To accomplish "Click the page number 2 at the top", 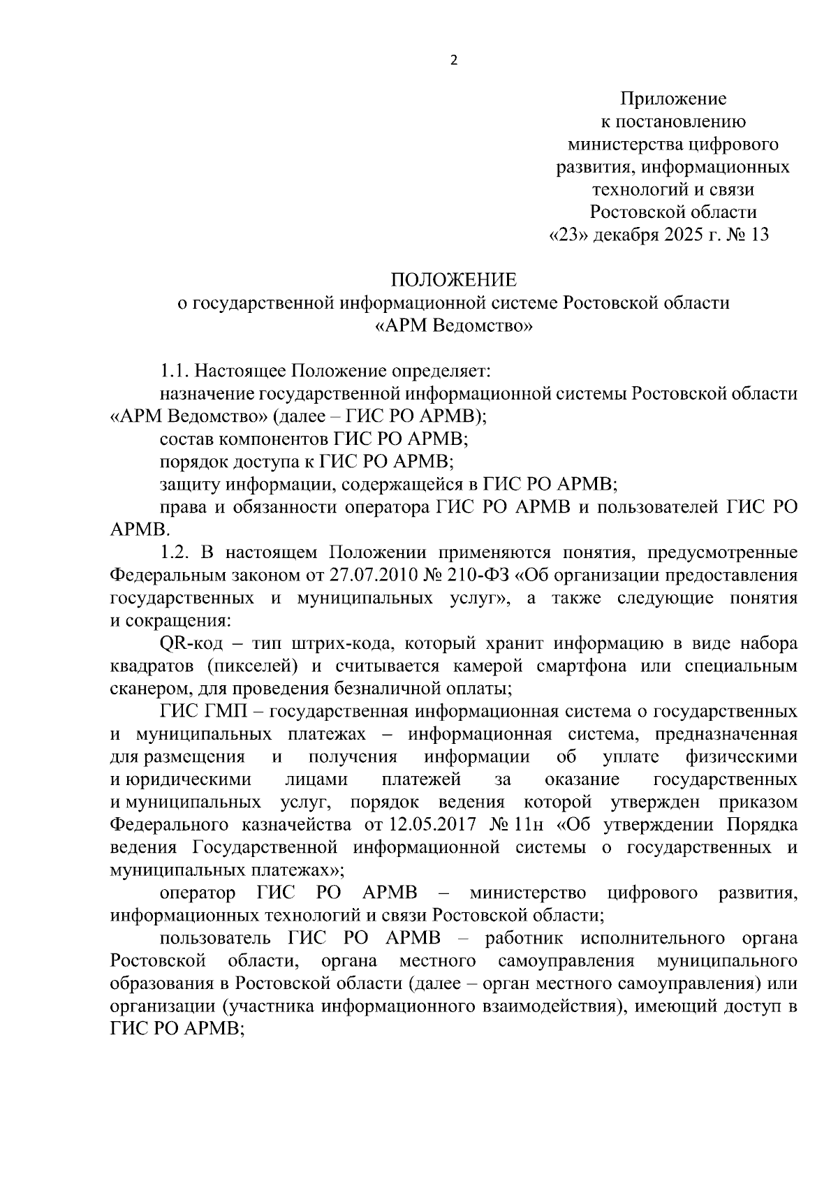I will click(454, 61).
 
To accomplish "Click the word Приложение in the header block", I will click(674, 99).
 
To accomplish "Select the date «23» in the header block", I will click(568, 235).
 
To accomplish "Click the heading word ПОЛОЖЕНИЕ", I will click(454, 280).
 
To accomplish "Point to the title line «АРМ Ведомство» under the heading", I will click(454, 325).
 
